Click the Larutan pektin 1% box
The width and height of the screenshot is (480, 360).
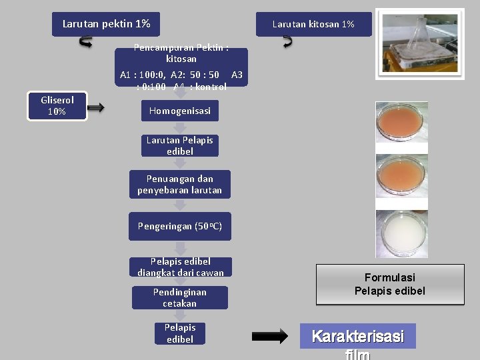point(106,24)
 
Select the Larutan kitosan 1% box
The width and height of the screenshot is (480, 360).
point(313,25)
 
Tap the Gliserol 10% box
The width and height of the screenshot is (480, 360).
point(57,106)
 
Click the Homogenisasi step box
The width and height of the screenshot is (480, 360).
point(179,111)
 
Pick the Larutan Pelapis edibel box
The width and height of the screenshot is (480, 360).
point(179,146)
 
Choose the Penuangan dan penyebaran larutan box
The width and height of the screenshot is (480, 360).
point(179,185)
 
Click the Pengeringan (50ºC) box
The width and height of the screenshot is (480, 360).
point(179,226)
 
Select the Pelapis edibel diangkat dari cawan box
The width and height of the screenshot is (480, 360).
point(180,267)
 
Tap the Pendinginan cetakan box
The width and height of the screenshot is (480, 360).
point(179,297)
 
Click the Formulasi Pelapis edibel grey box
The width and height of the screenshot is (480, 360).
point(389,285)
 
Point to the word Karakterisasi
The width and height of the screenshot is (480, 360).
point(357,337)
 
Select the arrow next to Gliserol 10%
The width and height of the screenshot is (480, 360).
point(96,107)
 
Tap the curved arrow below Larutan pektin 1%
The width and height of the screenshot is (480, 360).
point(86,42)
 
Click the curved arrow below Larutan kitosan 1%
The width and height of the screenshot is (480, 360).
point(287,41)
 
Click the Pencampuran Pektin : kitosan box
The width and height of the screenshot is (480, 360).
point(181,53)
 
